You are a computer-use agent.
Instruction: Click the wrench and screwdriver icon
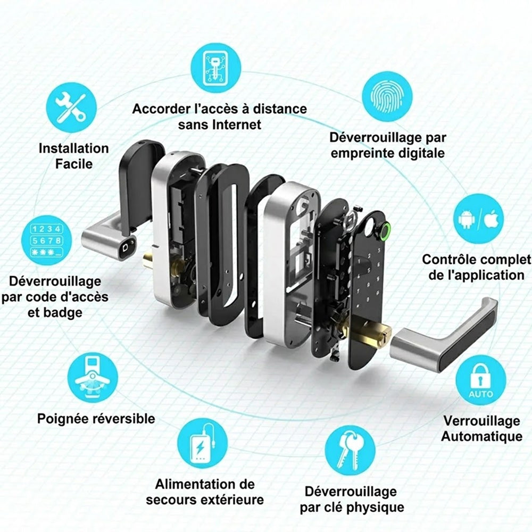(x=71, y=108)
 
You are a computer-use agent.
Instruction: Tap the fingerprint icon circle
(x=387, y=96)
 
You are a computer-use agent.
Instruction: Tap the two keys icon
(x=350, y=451)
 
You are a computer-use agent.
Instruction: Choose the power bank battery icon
(x=203, y=444)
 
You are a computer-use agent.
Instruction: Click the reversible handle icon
(x=93, y=377)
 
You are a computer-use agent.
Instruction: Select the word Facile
(x=73, y=164)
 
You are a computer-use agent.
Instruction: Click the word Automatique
(x=481, y=437)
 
